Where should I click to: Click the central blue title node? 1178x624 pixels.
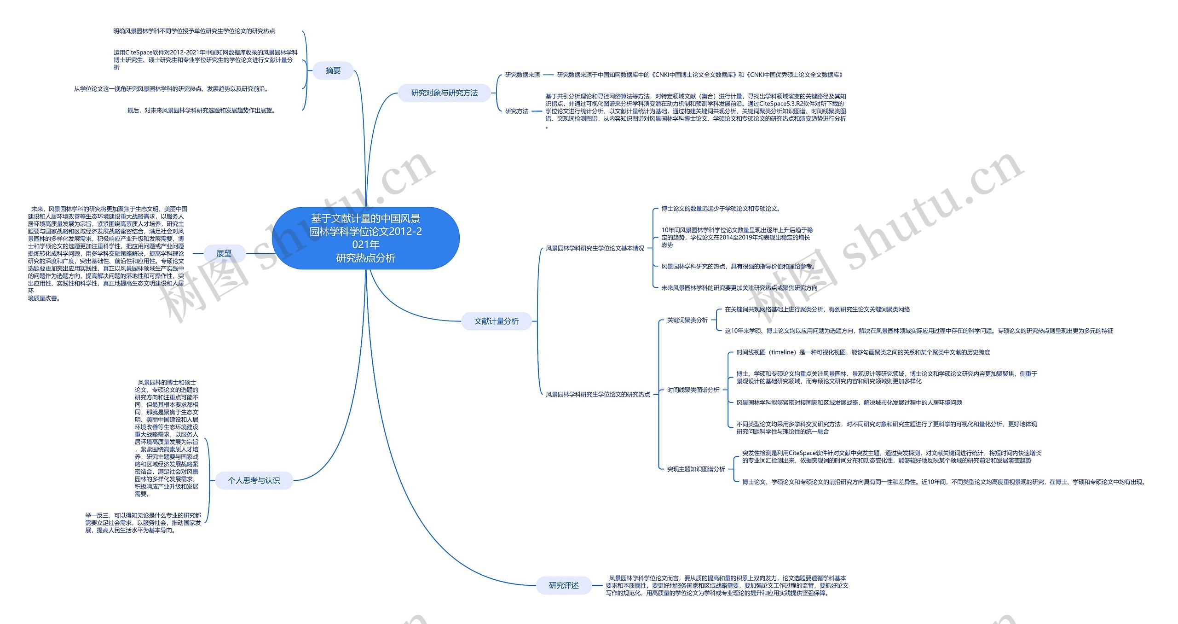tap(365, 238)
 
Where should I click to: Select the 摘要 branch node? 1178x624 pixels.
tap(333, 70)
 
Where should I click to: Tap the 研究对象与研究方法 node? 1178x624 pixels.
tap(444, 93)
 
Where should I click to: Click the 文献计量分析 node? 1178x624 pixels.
tap(496, 321)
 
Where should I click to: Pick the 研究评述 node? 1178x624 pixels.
tap(563, 585)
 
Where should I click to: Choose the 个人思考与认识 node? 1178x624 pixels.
tap(254, 480)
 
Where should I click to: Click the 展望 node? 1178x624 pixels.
tap(224, 253)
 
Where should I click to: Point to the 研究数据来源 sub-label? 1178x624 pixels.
tap(522, 75)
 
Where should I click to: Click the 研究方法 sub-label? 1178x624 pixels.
tap(516, 111)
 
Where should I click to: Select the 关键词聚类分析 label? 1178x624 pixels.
tap(687, 320)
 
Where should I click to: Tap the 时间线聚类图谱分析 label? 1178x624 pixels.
tap(693, 390)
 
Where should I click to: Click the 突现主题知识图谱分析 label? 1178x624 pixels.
tap(696, 469)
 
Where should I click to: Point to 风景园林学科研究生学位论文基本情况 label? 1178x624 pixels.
tap(595, 248)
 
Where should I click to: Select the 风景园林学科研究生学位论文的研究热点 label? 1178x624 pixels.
tap(597, 394)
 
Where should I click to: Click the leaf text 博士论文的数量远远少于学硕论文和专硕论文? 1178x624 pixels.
tap(721, 209)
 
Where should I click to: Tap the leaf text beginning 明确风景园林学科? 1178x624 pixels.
tap(194, 31)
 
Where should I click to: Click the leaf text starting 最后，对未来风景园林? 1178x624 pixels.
tap(202, 111)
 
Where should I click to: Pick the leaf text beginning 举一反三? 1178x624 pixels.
tap(143, 523)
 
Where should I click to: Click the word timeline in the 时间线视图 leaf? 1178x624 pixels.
tap(783, 352)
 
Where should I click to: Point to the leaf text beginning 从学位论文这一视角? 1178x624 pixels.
tap(171, 89)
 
